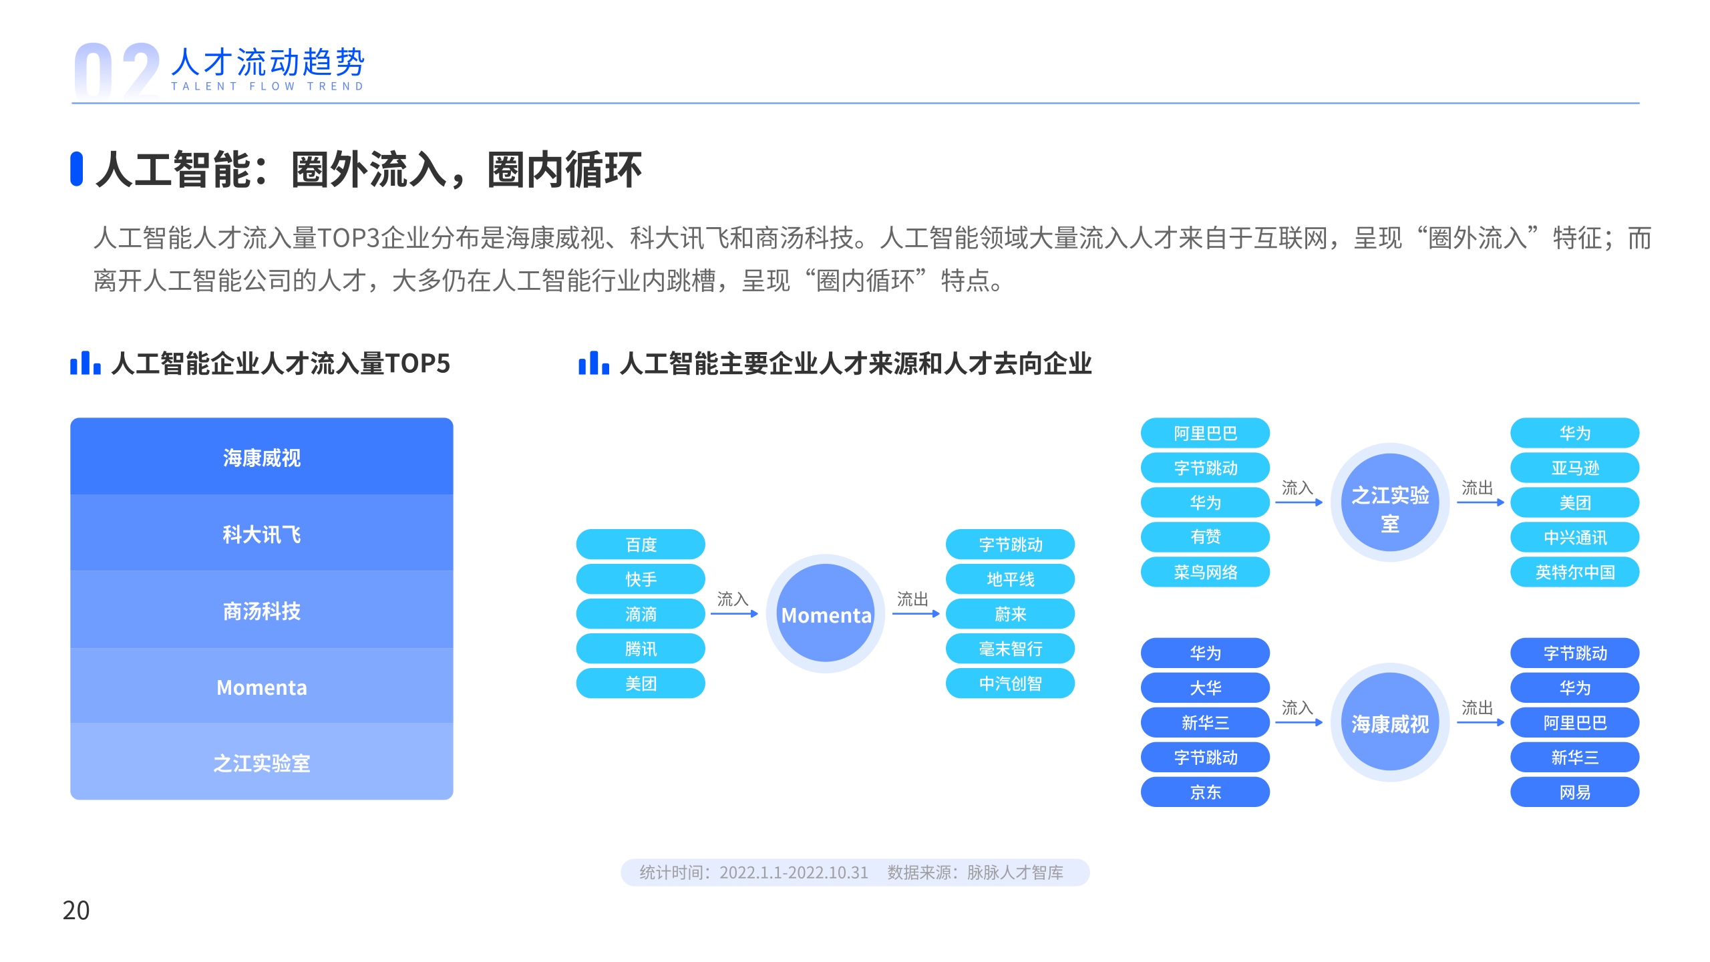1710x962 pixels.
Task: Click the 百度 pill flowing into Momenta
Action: (x=641, y=544)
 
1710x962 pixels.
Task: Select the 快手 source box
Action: (x=641, y=579)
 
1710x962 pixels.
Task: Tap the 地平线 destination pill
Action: (x=1010, y=579)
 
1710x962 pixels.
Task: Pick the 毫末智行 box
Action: (x=1010, y=649)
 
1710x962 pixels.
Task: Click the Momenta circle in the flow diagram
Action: (x=826, y=614)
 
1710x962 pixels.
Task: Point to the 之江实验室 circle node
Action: (x=1390, y=502)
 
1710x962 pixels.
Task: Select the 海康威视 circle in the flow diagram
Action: (x=1390, y=723)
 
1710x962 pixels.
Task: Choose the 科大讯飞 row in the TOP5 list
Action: (x=262, y=533)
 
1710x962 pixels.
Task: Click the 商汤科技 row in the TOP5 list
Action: (x=262, y=610)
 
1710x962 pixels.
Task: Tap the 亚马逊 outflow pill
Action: (x=1574, y=468)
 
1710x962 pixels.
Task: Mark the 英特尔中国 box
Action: (x=1574, y=572)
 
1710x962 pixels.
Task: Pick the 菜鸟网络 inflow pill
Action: (x=1205, y=572)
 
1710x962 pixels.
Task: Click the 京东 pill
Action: (x=1205, y=792)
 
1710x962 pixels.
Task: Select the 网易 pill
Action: (x=1574, y=792)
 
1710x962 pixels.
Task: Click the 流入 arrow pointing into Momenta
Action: (x=735, y=614)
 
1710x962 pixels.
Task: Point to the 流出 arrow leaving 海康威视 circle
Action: (x=1480, y=722)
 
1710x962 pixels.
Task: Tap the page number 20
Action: (x=76, y=910)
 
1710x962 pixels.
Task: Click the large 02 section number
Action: (x=117, y=71)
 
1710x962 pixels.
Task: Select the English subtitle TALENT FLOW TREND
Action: (x=267, y=86)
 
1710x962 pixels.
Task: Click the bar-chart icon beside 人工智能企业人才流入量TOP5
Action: (x=85, y=363)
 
